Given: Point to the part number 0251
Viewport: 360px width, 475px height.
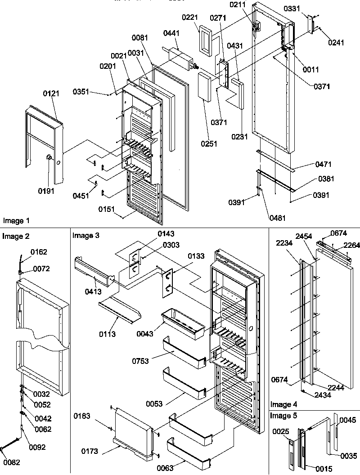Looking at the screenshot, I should (209, 144).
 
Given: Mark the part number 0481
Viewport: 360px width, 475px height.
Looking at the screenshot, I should (277, 218).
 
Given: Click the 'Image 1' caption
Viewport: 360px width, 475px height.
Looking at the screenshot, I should (16, 220).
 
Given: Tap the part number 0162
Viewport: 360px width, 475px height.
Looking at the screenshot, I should (39, 252).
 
